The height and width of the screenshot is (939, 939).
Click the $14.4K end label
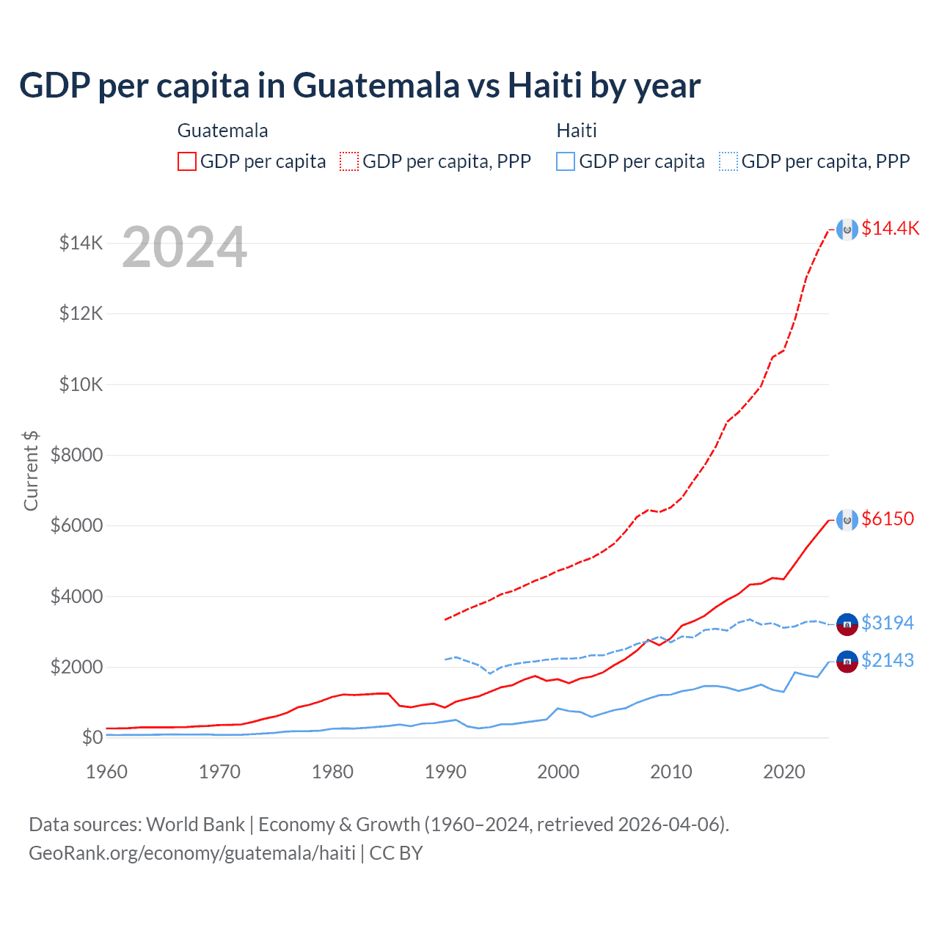tap(890, 228)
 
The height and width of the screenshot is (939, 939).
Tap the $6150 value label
tap(888, 519)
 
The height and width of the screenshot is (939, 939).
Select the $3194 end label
tap(888, 623)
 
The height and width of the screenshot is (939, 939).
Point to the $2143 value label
tap(888, 660)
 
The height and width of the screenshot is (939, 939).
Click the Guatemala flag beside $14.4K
tap(847, 230)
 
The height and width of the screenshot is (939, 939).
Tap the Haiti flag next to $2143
tap(847, 662)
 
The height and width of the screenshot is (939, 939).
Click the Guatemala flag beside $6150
tap(847, 520)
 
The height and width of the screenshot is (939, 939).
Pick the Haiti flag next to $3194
tap(847, 624)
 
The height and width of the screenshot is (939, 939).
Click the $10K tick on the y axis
tap(81, 384)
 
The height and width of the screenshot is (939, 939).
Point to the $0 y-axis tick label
tap(92, 737)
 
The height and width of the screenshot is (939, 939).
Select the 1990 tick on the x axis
tap(445, 772)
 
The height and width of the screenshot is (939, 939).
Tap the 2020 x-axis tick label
tap(784, 772)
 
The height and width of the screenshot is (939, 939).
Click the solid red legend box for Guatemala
tap(187, 161)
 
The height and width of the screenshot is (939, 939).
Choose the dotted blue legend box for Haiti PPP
tap(728, 161)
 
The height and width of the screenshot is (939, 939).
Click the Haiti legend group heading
tap(577, 131)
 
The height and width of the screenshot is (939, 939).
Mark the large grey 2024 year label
tap(184, 247)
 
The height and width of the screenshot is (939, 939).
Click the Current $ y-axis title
tap(31, 471)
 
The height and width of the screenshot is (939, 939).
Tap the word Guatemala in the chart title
tap(376, 85)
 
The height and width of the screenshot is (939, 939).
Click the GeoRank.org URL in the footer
tap(192, 853)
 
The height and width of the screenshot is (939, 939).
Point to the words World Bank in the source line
tap(195, 825)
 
